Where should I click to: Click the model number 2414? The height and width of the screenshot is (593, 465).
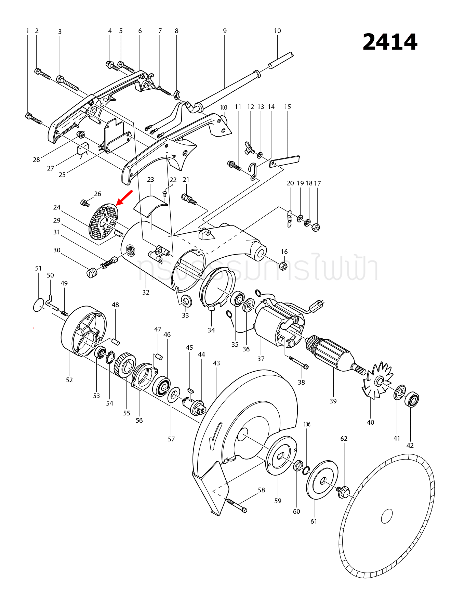(x=390, y=42)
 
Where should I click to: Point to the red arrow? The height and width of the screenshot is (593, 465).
(x=124, y=197)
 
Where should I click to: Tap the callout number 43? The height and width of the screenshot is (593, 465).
(x=216, y=363)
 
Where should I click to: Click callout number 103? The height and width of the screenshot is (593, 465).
(x=224, y=107)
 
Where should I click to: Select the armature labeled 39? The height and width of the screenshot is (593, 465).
(x=330, y=352)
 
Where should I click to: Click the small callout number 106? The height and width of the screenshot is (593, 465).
(x=307, y=424)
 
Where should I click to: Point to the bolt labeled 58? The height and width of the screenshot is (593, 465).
(x=237, y=505)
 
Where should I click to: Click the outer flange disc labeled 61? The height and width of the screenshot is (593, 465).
(x=322, y=480)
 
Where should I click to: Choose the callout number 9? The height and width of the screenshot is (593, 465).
(x=225, y=31)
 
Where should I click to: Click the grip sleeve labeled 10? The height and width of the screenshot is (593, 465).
(x=281, y=61)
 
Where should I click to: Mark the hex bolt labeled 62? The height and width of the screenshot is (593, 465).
(x=343, y=492)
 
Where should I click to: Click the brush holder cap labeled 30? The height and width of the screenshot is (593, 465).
(x=91, y=273)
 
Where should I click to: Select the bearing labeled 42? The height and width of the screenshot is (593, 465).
(x=412, y=400)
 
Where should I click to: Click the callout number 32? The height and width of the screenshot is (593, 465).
(x=146, y=292)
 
